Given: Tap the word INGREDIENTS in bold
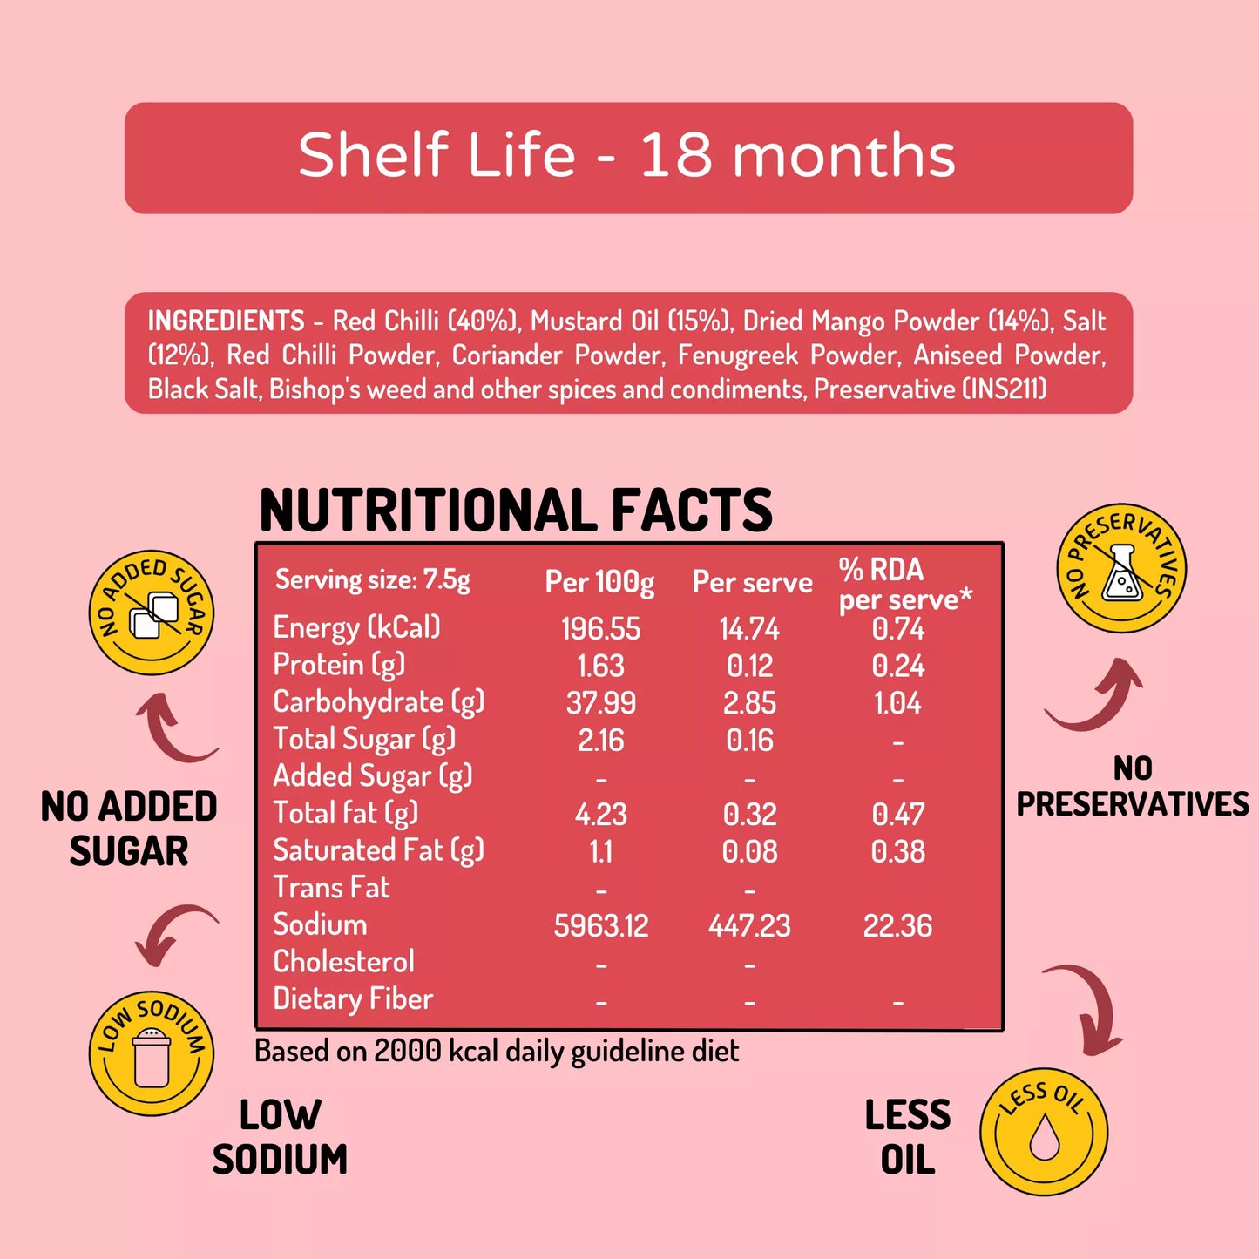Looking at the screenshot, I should pyautogui.click(x=226, y=321).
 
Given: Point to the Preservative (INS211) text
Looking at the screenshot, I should pyautogui.click(x=930, y=389).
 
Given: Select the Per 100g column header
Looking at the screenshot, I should pyautogui.click(x=599, y=582).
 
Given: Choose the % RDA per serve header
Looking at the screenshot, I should pyautogui.click(x=904, y=585).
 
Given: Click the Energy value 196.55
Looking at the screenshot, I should pyautogui.click(x=600, y=629).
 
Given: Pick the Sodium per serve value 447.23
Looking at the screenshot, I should pyautogui.click(x=749, y=925).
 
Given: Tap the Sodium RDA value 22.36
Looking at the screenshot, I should pyautogui.click(x=897, y=925).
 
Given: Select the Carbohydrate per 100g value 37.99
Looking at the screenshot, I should pyautogui.click(x=600, y=703).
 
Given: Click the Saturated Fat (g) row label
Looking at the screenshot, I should pyautogui.click(x=378, y=850).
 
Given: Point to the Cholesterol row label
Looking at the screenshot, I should pyautogui.click(x=343, y=962).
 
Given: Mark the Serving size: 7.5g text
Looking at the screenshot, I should pyautogui.click(x=373, y=580).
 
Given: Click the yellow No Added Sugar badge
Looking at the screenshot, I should pyautogui.click(x=152, y=613).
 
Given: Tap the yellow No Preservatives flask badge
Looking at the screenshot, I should pyautogui.click(x=1121, y=568).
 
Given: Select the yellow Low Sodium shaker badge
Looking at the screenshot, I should pyautogui.click(x=152, y=1053).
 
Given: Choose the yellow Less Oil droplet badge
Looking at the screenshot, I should pyautogui.click(x=1044, y=1132).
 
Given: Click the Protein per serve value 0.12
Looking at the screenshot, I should pyautogui.click(x=749, y=667).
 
